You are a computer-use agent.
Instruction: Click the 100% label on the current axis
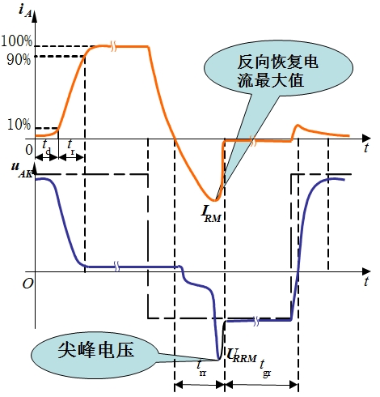click(x=16, y=41)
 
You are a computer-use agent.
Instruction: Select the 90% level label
click(x=19, y=59)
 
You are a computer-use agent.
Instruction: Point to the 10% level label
click(x=19, y=125)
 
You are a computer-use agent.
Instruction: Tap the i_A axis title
click(x=25, y=11)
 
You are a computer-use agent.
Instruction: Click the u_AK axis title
click(x=22, y=169)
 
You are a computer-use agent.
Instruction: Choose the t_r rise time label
click(x=71, y=147)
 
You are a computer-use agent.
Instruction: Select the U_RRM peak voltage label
click(x=242, y=355)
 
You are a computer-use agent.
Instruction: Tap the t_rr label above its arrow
click(x=201, y=369)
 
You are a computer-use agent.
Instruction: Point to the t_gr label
click(x=265, y=367)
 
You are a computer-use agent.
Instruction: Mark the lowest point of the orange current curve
click(x=214, y=200)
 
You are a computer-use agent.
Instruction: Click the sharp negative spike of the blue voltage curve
click(x=218, y=359)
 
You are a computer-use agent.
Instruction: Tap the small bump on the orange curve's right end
click(x=298, y=125)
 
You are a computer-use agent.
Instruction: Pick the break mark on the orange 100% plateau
click(x=114, y=46)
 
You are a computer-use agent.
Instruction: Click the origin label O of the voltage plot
click(x=27, y=284)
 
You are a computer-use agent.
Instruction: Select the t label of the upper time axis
click(x=366, y=148)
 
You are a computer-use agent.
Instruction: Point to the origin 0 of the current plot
click(x=29, y=150)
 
